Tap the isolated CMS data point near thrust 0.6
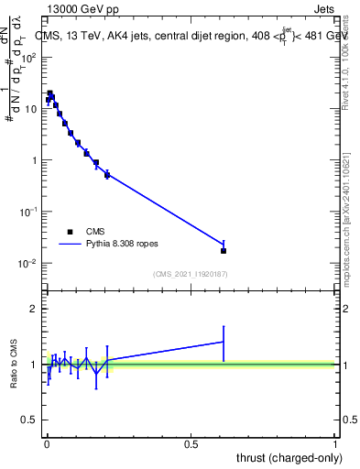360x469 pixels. coord(224,250)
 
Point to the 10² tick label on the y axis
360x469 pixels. coord(28,57)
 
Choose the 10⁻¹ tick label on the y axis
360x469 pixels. coord(27,212)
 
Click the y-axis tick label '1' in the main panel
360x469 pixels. coord(32,160)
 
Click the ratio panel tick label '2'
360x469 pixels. coord(34,309)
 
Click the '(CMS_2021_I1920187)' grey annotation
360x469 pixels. coord(191,273)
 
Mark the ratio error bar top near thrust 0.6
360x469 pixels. coord(224,326)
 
